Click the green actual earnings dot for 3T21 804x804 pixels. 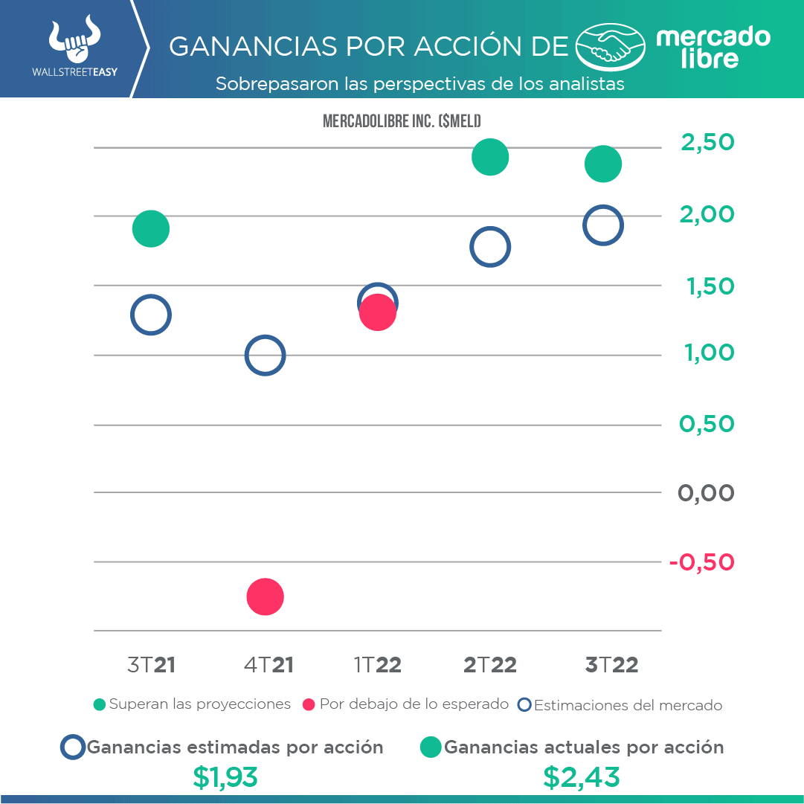click(151, 228)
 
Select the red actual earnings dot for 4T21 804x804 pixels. click(265, 596)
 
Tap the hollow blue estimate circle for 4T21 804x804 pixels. click(265, 356)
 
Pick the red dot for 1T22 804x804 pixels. click(378, 313)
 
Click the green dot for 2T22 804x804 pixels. click(489, 157)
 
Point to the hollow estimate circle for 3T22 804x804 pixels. click(602, 225)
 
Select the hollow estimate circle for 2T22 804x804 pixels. click(489, 247)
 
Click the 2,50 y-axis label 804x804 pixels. click(707, 141)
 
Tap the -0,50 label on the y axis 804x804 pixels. click(701, 562)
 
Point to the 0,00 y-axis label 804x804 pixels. click(706, 492)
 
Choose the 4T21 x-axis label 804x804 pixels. click(268, 665)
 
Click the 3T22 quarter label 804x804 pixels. click(611, 665)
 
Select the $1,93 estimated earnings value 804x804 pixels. click(225, 777)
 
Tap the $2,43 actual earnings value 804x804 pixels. click(581, 777)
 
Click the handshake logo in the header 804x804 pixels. click(612, 48)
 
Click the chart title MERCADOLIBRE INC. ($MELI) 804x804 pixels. click(402, 121)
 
